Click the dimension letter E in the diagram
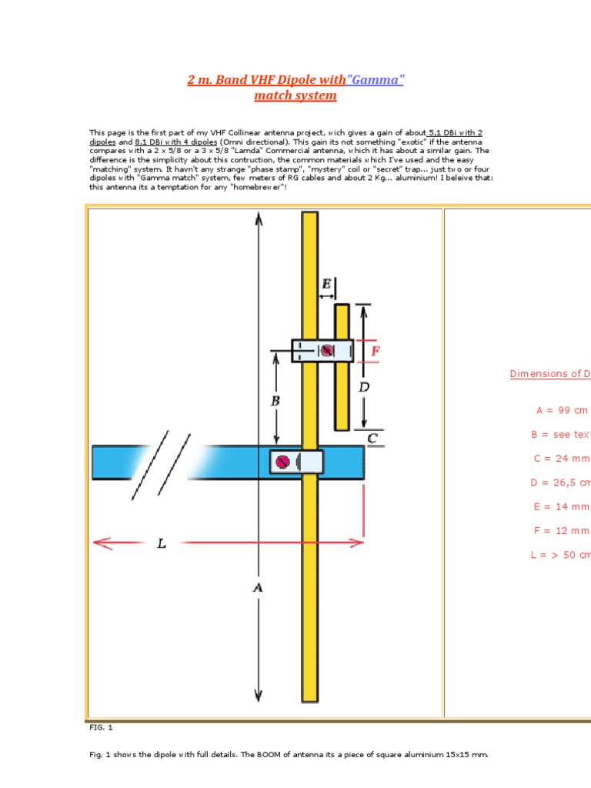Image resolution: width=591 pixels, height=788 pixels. (327, 285)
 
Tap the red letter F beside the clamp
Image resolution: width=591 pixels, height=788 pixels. (376, 351)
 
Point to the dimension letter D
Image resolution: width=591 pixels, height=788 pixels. (364, 387)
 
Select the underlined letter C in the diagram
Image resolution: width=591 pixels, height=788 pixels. (372, 439)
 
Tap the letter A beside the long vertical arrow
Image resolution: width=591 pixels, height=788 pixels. (258, 587)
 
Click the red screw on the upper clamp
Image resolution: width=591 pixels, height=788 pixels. (328, 351)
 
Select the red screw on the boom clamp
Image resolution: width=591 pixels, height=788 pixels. (282, 462)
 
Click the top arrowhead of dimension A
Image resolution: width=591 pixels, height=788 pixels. (258, 219)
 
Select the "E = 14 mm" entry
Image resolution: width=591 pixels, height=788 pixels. (562, 506)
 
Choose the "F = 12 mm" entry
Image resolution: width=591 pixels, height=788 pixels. (562, 530)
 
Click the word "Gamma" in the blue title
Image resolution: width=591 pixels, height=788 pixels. (376, 80)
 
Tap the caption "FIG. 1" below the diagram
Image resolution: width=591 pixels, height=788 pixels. (101, 727)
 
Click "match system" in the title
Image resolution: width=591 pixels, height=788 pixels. (295, 95)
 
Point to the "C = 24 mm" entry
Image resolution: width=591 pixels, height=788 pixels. (562, 459)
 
